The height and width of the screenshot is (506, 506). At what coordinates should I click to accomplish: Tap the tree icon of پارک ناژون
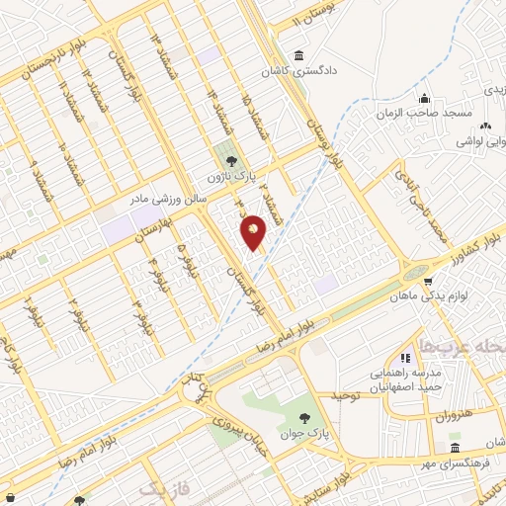[231, 160]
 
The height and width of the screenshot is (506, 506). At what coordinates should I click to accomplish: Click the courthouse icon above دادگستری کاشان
[299, 55]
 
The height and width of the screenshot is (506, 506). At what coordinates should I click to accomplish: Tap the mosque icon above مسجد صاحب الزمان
[424, 98]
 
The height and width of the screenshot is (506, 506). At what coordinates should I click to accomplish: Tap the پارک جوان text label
[305, 433]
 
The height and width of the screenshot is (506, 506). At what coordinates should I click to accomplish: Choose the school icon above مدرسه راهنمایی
[404, 358]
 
